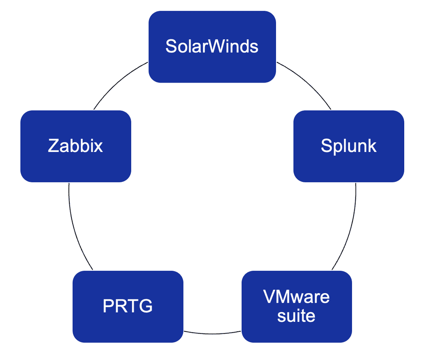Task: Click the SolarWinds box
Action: [x=212, y=47]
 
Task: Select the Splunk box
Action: [x=349, y=146]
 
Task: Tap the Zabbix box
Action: [x=76, y=146]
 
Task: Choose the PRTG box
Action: [x=128, y=306]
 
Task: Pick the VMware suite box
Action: [x=297, y=306]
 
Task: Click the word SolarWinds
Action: [x=212, y=46]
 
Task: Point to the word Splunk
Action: [x=349, y=146]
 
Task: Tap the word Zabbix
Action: [x=76, y=146]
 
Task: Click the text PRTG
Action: [x=128, y=306]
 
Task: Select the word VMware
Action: [x=296, y=296]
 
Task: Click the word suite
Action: [x=296, y=316]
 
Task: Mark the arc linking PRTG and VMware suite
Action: [x=212, y=334]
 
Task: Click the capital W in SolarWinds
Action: [x=212, y=46]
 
